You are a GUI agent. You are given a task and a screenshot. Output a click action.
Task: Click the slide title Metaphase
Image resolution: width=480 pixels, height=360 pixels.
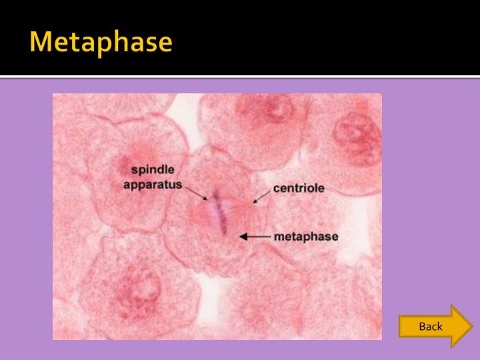(101, 41)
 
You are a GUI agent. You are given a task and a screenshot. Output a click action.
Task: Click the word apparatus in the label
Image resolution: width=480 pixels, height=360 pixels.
(153, 184)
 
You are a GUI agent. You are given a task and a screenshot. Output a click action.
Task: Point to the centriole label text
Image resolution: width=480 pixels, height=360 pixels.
(299, 188)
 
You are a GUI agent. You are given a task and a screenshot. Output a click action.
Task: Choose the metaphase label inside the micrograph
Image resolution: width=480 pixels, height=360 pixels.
(306, 237)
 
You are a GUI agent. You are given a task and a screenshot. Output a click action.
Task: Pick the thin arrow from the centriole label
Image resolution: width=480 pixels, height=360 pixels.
(261, 196)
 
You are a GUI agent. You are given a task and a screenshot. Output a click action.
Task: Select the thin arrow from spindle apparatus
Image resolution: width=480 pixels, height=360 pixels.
(196, 193)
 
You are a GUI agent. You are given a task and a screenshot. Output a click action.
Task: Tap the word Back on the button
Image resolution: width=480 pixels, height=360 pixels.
(431, 326)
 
